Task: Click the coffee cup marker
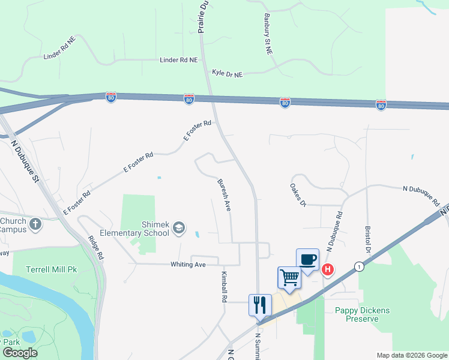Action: [307, 260]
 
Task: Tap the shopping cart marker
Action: [289, 278]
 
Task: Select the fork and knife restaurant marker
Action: [261, 304]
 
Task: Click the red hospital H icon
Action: [328, 270]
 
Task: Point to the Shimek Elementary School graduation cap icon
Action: [178, 227]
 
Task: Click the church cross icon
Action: [35, 225]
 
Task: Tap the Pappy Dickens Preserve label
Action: [362, 314]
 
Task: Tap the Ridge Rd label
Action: [96, 247]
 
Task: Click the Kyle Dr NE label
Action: [227, 74]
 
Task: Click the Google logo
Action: [20, 353]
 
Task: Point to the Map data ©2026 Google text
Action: [411, 355]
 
